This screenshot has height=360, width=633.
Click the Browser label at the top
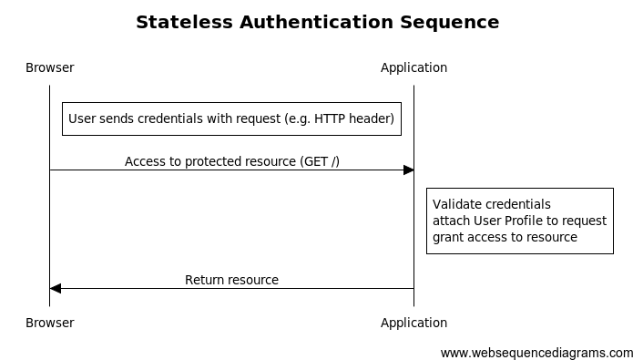pos(50,67)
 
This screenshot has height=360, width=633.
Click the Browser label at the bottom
pos(50,323)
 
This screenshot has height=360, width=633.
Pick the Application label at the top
pos(413,67)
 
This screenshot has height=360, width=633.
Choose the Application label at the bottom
pos(413,323)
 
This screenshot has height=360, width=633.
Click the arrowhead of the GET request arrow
pos(409,170)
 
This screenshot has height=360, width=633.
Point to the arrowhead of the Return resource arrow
pos(56,289)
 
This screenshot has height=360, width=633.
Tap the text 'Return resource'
pos(231,280)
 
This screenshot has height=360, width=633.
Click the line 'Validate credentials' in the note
pos(491,204)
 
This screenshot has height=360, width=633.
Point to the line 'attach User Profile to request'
pos(519,221)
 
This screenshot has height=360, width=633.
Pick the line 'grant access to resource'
pos(505,237)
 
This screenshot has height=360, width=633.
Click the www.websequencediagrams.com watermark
pos(536,353)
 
